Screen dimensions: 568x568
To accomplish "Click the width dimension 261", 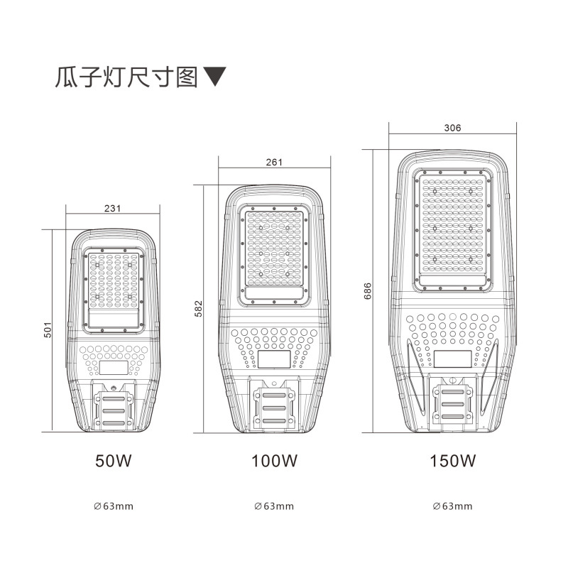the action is pyautogui.click(x=274, y=162).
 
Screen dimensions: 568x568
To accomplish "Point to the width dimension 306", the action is pyautogui.click(x=452, y=128).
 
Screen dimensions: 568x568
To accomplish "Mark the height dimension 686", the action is pyautogui.click(x=368, y=291).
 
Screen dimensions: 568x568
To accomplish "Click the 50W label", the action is pyautogui.click(x=114, y=461).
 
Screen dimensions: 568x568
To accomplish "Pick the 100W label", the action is pyautogui.click(x=274, y=461).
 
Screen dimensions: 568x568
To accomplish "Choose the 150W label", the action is pyautogui.click(x=452, y=461).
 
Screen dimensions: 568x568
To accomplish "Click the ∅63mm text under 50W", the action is pyautogui.click(x=114, y=506).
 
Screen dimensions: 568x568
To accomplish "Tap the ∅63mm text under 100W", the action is pyautogui.click(x=274, y=506).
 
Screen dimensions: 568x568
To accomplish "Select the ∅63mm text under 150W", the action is pyautogui.click(x=452, y=506).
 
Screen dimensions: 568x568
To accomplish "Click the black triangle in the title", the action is pyautogui.click(x=215, y=77).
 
